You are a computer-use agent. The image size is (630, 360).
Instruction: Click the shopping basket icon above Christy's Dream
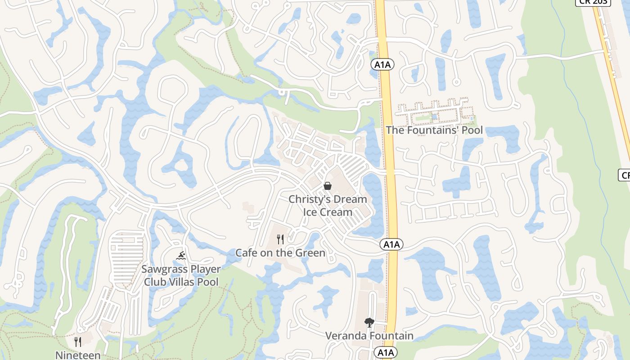click(328, 186)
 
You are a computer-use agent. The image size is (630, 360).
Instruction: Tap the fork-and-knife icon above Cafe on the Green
click(280, 239)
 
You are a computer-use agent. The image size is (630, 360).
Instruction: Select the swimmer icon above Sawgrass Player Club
click(181, 256)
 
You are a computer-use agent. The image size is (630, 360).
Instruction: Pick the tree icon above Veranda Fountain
click(369, 322)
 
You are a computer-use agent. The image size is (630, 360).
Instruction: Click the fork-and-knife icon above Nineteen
click(78, 342)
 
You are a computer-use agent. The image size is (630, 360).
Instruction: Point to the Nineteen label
click(78, 355)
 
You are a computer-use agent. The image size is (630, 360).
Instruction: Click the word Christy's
click(305, 199)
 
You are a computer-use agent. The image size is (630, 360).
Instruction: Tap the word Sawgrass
click(161, 269)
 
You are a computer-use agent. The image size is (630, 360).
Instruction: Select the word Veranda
click(345, 336)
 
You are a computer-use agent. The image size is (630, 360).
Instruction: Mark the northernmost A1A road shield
click(382, 65)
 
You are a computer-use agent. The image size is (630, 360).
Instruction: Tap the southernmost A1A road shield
click(386, 352)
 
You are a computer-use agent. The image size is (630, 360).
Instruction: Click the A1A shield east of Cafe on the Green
click(391, 244)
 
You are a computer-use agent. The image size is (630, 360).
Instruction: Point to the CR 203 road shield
click(593, 2)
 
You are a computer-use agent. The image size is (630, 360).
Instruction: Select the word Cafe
click(247, 253)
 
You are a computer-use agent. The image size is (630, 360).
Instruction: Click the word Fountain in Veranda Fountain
click(391, 336)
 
